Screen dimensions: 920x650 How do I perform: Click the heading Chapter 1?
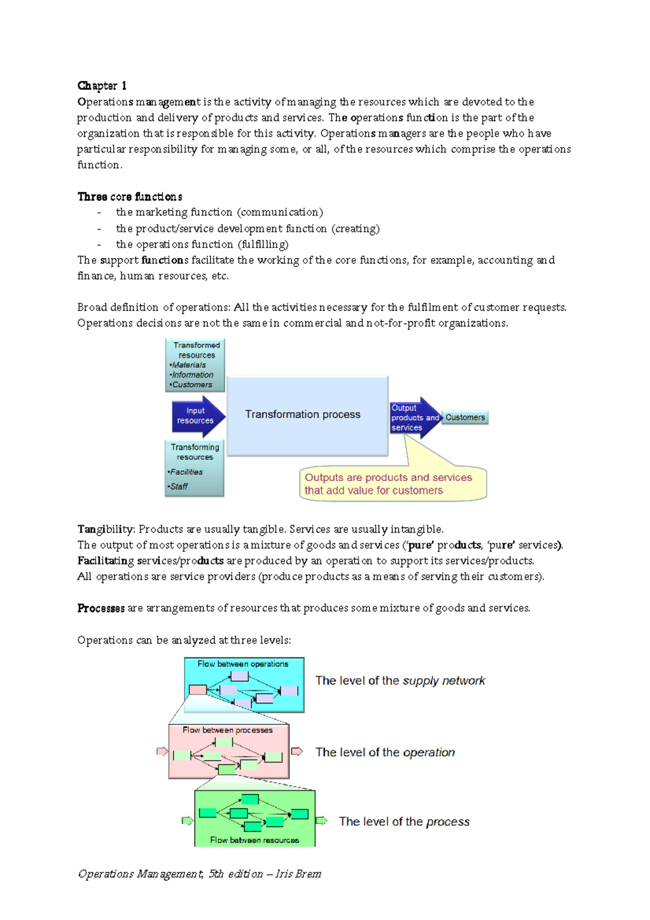[x=102, y=86]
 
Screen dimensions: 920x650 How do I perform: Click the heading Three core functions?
[x=129, y=197]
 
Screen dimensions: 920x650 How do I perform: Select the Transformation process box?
[x=307, y=415]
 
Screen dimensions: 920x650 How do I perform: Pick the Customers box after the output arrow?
[x=465, y=418]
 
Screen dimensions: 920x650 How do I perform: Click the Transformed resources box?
[x=195, y=365]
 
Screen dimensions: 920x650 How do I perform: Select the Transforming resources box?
[x=194, y=468]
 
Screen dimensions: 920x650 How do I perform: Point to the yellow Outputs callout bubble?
[x=392, y=484]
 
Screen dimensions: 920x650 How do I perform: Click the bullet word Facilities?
[x=186, y=472]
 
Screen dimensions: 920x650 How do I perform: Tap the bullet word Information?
[x=193, y=375]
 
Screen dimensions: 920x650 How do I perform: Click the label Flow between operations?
[x=243, y=664]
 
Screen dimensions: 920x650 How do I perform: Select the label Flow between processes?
[x=227, y=730]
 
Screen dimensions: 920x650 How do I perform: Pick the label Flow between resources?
[x=254, y=840]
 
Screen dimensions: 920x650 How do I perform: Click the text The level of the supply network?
[x=400, y=681]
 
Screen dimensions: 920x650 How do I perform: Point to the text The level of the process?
[x=404, y=822]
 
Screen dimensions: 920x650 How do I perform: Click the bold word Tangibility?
[x=106, y=529]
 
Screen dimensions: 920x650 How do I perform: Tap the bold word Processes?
[x=101, y=608]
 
